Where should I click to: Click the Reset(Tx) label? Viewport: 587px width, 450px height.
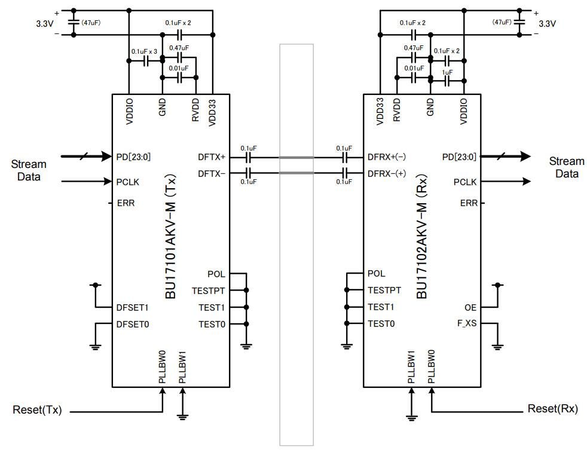tap(37, 411)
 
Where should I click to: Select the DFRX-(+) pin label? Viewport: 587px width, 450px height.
tap(386, 173)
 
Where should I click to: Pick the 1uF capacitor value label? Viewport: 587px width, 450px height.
tap(447, 72)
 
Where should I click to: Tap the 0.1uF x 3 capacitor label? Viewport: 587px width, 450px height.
tap(144, 51)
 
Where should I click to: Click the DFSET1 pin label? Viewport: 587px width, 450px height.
tap(132, 308)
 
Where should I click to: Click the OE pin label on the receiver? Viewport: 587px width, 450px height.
tap(470, 307)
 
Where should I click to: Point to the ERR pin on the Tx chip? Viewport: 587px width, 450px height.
tap(126, 203)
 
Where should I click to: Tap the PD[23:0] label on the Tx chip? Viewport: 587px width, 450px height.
tap(133, 157)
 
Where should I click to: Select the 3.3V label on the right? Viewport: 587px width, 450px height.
tap(547, 24)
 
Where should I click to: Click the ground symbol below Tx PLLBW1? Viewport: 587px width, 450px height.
tap(184, 416)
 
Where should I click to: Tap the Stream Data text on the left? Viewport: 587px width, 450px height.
tap(28, 170)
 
